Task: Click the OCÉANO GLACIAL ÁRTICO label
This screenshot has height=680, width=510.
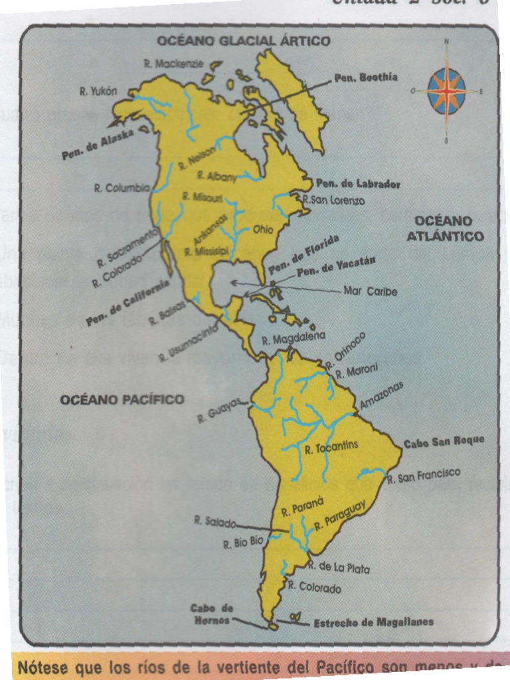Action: [x=243, y=41]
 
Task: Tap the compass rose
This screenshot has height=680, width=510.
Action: [x=447, y=91]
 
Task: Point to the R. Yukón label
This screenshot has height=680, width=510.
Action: [x=98, y=92]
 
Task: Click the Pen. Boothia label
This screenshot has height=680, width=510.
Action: [x=366, y=78]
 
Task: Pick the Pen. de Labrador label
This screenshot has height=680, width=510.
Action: [x=358, y=184]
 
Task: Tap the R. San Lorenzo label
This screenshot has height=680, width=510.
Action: [x=333, y=199]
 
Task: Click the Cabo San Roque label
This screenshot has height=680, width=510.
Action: [x=444, y=441]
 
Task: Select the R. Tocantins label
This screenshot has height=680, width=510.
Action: [x=331, y=448]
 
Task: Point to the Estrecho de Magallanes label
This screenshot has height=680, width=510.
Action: [x=373, y=622]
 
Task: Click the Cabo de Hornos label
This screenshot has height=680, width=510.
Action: [x=211, y=614]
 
